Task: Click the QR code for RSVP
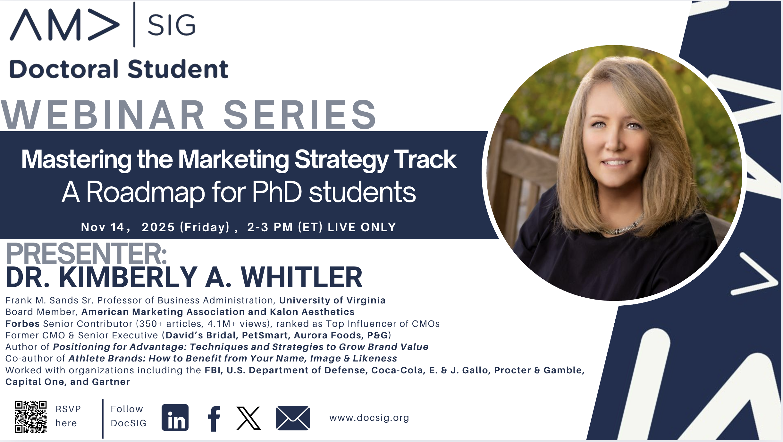[31, 417]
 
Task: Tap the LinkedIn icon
[175, 417]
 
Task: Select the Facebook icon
[214, 419]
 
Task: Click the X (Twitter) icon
[248, 418]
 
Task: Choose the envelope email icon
[293, 418]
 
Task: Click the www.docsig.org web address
[369, 418]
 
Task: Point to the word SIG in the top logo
[172, 25]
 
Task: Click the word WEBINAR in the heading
[103, 114]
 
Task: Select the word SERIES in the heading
[300, 114]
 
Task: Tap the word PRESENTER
[86, 253]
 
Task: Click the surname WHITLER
[302, 277]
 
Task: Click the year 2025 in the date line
[158, 227]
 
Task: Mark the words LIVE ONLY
[362, 227]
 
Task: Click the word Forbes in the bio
[22, 324]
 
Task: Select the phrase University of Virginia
[332, 301]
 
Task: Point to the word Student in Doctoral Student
[178, 69]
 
